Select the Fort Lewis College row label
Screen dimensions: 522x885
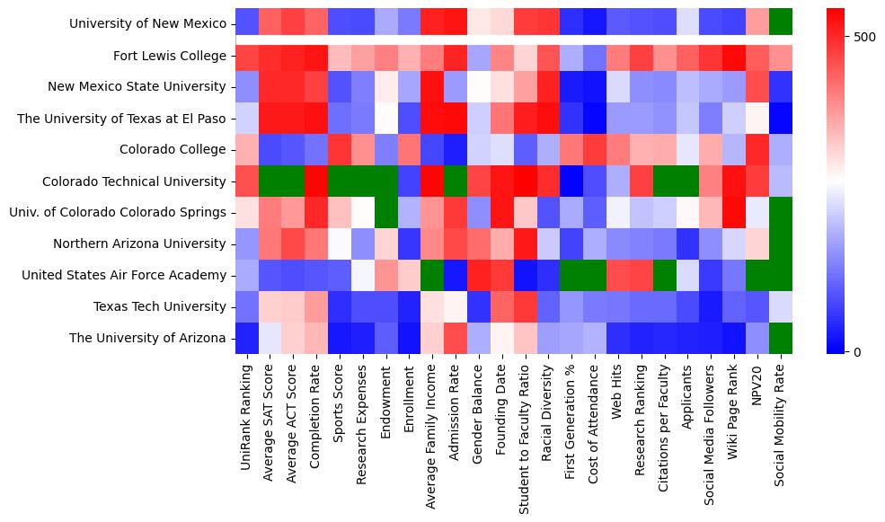click(x=170, y=56)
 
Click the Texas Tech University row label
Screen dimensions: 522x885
click(x=161, y=306)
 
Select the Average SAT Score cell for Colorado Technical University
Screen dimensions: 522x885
click(x=270, y=181)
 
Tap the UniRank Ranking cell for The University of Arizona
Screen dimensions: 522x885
click(x=247, y=338)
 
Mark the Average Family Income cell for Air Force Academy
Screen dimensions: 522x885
click(x=433, y=275)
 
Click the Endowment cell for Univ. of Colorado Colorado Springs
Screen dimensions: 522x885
click(x=386, y=212)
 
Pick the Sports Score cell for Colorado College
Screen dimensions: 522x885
click(x=340, y=149)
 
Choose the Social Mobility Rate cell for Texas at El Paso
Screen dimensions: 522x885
click(x=782, y=118)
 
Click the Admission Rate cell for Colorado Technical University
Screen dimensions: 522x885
click(x=456, y=181)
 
